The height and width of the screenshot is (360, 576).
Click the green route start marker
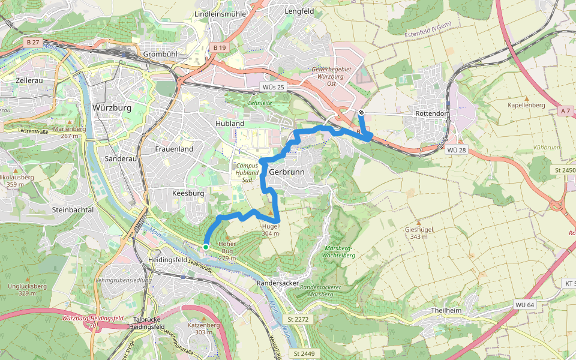pos(206,247)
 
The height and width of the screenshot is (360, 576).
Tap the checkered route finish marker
pos(361,112)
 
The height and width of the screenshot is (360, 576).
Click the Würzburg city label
pos(112,107)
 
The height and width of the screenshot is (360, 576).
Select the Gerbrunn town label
pos(287,171)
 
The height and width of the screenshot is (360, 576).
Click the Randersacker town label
pos(277,282)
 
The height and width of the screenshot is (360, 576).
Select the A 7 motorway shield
pos(565,111)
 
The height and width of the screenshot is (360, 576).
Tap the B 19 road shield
pos(220,47)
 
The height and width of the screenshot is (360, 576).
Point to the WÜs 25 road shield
pos(273,88)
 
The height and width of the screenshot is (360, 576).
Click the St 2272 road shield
pos(298,319)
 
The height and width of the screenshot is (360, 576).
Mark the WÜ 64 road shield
pos(524,305)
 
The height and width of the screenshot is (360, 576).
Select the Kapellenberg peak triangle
pos(526,98)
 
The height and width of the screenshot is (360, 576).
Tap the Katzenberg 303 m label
pos(203,328)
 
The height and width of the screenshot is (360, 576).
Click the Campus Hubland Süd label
pos(247,172)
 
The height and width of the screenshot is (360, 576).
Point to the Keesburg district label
pos(188,194)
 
